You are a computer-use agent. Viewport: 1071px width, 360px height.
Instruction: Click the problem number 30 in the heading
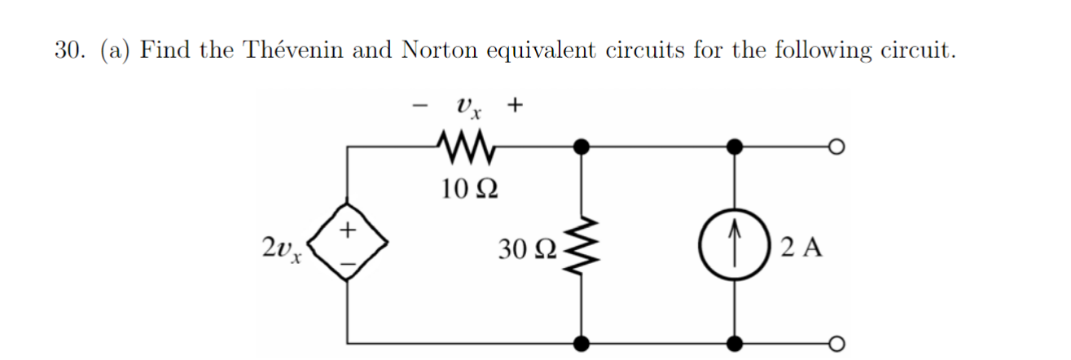click(x=68, y=50)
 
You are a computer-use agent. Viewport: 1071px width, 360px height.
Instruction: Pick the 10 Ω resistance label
click(x=465, y=191)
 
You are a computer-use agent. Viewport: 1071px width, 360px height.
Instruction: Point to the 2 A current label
click(x=801, y=245)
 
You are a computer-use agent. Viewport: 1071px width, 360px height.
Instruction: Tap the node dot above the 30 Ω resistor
click(x=581, y=147)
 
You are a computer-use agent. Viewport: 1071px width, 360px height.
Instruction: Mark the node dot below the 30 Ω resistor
click(x=581, y=341)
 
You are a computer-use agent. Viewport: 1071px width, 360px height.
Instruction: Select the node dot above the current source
click(x=735, y=147)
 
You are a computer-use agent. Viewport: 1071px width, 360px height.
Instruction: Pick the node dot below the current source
click(x=735, y=341)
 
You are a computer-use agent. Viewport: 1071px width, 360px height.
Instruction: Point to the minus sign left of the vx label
click(x=421, y=105)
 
